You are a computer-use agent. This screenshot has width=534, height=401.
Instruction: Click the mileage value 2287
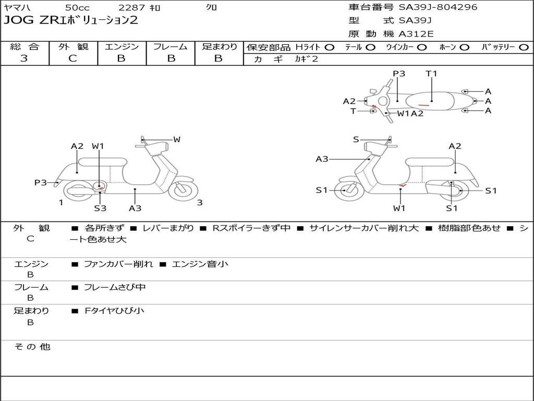click(132, 7)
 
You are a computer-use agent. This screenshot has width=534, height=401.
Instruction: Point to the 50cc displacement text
click(77, 7)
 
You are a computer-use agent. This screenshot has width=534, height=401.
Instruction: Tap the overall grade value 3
click(24, 58)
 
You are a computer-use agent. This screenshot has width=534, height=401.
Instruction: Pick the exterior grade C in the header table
click(73, 58)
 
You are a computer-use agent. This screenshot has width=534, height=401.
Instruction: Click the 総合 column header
click(24, 46)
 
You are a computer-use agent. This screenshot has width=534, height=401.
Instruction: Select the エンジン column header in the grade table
click(122, 46)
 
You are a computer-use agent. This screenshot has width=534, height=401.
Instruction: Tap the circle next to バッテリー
click(524, 47)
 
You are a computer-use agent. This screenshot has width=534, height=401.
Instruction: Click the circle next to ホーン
click(464, 47)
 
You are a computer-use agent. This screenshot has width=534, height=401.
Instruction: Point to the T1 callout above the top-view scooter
click(431, 74)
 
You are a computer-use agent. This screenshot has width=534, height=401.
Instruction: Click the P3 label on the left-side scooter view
click(40, 182)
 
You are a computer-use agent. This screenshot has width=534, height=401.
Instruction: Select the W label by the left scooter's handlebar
click(177, 139)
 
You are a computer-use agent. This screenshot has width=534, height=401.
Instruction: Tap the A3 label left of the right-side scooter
click(322, 159)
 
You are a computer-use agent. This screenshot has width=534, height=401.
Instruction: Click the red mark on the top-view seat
click(423, 105)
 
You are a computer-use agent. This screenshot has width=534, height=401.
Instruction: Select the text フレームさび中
click(115, 287)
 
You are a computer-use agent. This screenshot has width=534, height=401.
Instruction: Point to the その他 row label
click(32, 347)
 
